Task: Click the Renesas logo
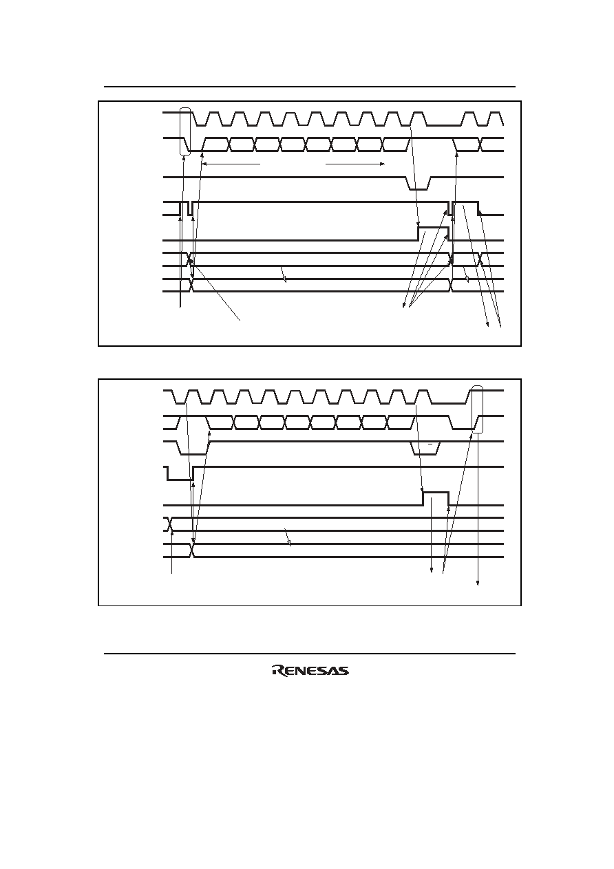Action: pyautogui.click(x=310, y=671)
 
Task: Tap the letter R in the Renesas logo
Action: pyautogui.click(x=278, y=671)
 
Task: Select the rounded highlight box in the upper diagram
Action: pyautogui.click(x=186, y=132)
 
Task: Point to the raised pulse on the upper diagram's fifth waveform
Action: pyautogui.click(x=433, y=233)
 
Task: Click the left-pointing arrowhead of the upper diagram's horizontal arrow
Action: pyautogui.click(x=205, y=164)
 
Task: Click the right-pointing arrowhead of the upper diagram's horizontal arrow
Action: pyautogui.click(x=381, y=164)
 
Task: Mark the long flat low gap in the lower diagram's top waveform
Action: pyautogui.click(x=448, y=403)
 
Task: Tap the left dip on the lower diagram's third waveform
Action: pyautogui.click(x=193, y=449)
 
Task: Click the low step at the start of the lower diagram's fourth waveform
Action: pyautogui.click(x=180, y=473)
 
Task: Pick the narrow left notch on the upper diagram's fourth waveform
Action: pyautogui.click(x=190, y=208)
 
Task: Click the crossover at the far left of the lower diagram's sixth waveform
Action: pyautogui.click(x=169, y=524)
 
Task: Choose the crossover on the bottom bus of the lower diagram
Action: pyautogui.click(x=193, y=550)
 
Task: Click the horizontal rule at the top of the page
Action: pyautogui.click(x=310, y=87)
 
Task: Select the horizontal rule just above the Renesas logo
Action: pyautogui.click(x=310, y=654)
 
